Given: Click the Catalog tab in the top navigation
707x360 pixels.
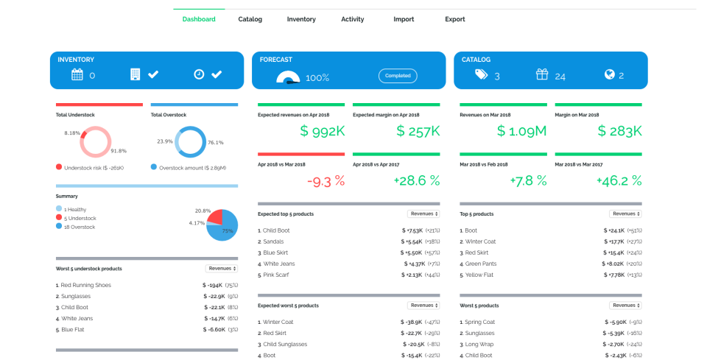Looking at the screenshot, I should [250, 19].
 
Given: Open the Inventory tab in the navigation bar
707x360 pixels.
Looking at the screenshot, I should [301, 19].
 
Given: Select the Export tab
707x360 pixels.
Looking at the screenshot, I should [454, 19].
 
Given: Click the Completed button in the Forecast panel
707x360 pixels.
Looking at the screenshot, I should [398, 75].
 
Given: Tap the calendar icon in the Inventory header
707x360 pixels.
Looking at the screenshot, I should [77, 74].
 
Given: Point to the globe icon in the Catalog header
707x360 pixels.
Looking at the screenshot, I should [609, 74].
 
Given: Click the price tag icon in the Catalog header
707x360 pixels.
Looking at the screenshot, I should [482, 74].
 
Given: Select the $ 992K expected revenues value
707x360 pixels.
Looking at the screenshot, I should [323, 131].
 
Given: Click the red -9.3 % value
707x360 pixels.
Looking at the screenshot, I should [326, 180].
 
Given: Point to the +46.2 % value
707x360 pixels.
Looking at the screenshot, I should [619, 180].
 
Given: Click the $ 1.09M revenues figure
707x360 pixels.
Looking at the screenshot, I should [521, 131].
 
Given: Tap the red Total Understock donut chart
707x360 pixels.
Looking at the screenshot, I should [95, 141].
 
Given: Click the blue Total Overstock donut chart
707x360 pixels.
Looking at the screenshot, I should [191, 141].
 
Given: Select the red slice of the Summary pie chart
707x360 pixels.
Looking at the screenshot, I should [215, 216].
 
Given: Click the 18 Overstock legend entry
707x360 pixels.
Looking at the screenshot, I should [80, 227].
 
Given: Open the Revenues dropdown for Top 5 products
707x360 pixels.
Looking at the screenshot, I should [625, 213].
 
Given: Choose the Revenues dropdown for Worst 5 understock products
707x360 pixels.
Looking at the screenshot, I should [221, 269].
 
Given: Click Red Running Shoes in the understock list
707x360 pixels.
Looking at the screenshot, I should [85, 285].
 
